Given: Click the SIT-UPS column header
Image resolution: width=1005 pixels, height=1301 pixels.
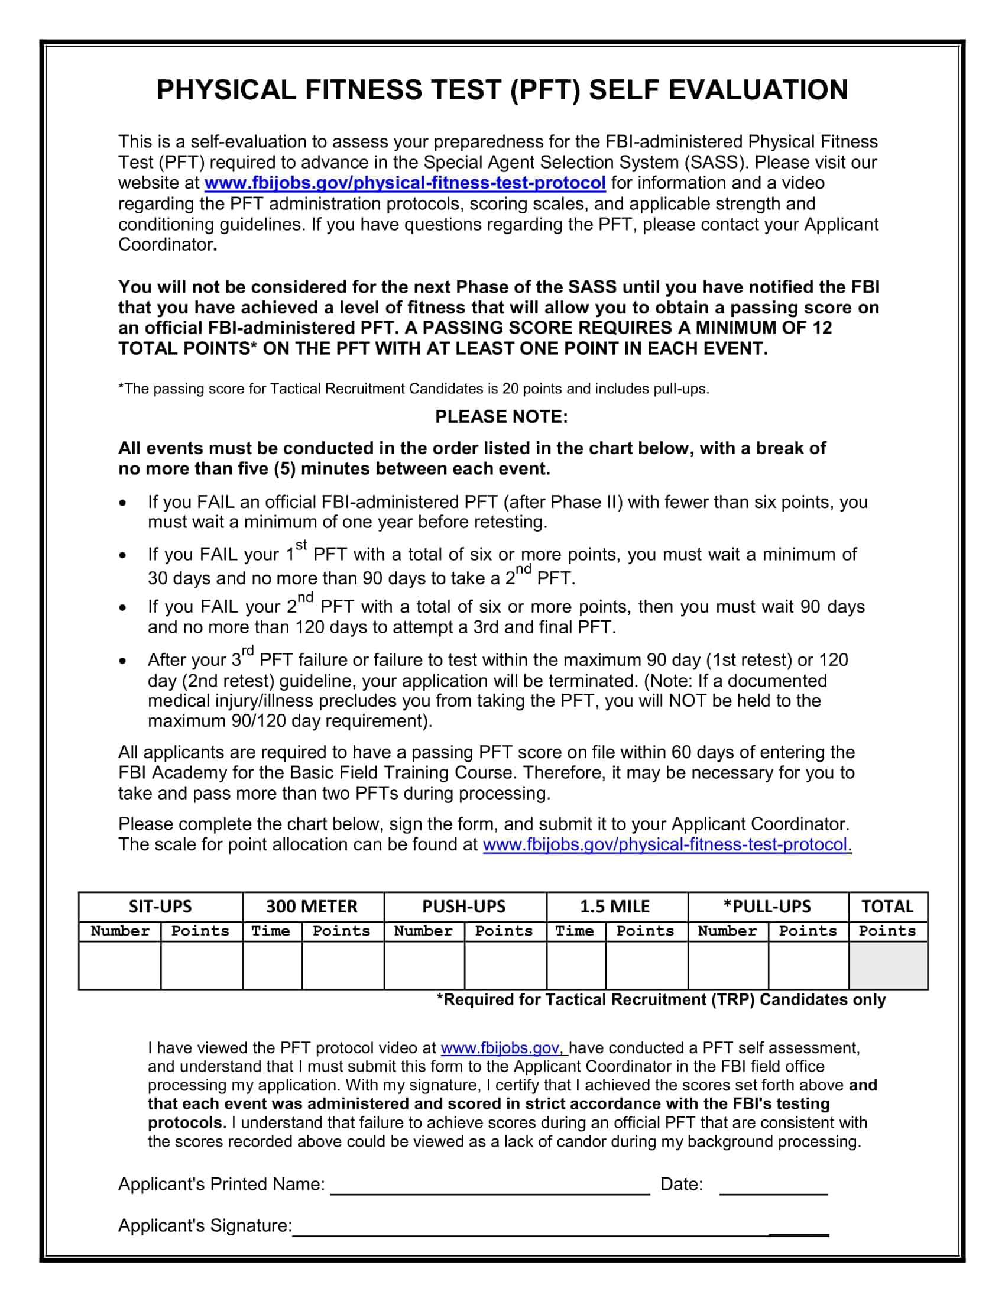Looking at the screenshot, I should click(x=160, y=906).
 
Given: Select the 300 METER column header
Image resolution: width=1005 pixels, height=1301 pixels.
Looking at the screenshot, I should click(x=312, y=906).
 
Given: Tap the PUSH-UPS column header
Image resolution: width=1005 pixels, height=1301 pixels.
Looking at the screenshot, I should click(x=464, y=906).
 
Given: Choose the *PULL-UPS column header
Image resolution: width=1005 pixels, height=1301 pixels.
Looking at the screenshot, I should click(x=767, y=906).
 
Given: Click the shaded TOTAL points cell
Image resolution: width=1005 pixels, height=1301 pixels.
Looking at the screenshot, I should click(x=887, y=965).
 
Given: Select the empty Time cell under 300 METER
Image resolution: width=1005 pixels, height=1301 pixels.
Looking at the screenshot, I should click(x=271, y=965).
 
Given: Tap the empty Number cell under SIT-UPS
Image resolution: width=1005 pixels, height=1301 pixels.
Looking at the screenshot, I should click(x=119, y=965).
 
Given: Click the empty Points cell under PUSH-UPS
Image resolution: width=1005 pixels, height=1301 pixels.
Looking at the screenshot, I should click(x=504, y=965).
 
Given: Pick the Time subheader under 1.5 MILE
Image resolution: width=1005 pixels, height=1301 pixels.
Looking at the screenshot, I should click(x=575, y=931).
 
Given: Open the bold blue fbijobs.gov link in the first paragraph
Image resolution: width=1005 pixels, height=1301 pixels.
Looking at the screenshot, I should click(x=405, y=183).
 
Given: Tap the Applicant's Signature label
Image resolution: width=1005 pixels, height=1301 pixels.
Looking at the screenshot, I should click(x=205, y=1225).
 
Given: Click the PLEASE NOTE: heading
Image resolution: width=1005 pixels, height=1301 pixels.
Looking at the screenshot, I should click(x=501, y=416).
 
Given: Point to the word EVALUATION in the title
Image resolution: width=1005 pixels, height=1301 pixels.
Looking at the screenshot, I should click(x=757, y=90).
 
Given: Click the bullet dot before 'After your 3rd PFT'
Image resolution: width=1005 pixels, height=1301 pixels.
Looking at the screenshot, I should click(x=122, y=661).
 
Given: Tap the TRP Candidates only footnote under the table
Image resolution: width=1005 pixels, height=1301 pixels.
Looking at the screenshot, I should click(x=661, y=999).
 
